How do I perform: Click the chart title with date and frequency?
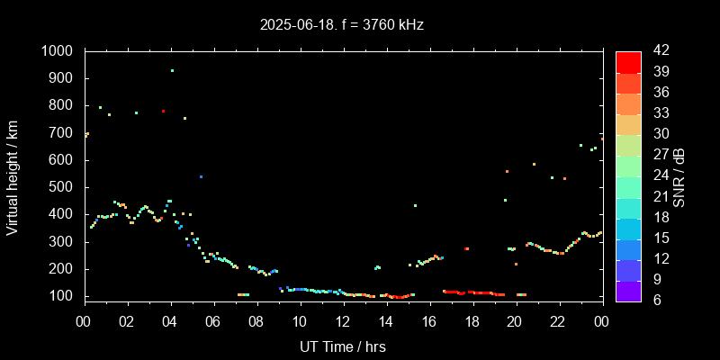[341, 24]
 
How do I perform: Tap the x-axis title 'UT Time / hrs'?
[342, 346]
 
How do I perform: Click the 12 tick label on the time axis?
[343, 322]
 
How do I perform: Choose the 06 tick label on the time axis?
[213, 322]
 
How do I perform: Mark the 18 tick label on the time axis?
[472, 322]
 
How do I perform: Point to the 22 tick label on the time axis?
[558, 322]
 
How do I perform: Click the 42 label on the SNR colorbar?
[657, 51]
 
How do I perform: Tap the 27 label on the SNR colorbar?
[657, 155]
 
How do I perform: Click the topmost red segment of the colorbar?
[628, 61]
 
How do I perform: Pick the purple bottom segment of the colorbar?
[628, 290]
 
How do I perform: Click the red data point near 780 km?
[163, 112]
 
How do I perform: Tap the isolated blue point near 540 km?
[201, 176]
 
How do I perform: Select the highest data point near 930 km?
[172, 70]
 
